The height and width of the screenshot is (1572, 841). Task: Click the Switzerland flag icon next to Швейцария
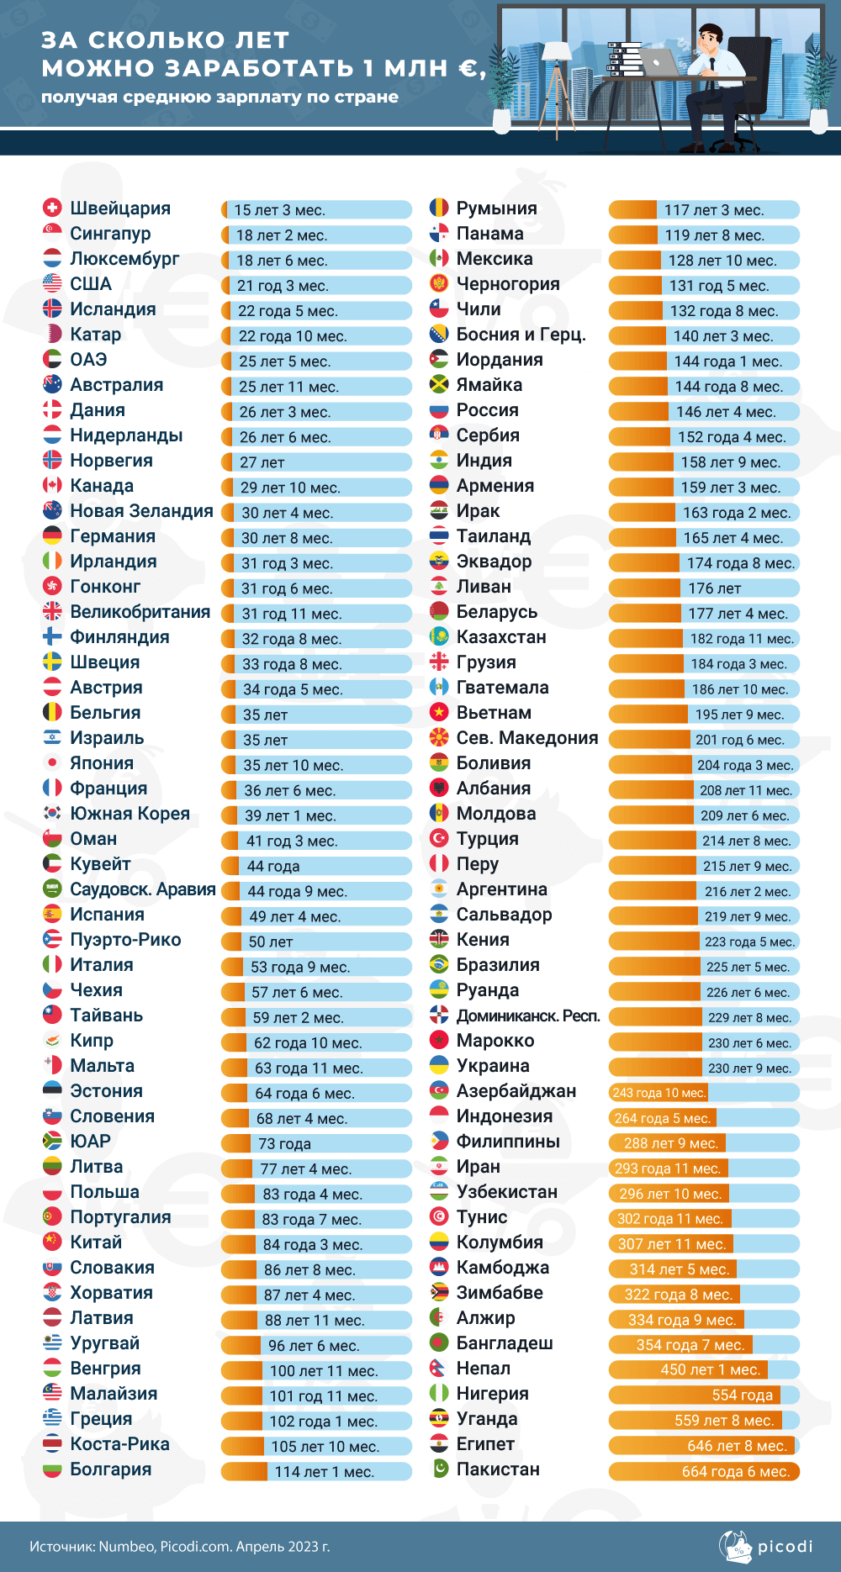(x=52, y=208)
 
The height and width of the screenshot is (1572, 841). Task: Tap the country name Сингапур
(x=110, y=234)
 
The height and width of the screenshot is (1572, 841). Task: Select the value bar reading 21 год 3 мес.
(x=316, y=286)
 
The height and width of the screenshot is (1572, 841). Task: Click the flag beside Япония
(x=52, y=763)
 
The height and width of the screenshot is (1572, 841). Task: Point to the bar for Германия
(x=316, y=538)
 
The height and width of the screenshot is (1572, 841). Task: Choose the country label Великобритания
(x=140, y=612)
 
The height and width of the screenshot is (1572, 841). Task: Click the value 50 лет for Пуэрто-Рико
(x=316, y=942)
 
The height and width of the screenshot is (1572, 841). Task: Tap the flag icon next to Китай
(x=52, y=1242)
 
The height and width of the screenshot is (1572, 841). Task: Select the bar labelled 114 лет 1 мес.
(x=316, y=1471)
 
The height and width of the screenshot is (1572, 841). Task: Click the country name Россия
(x=487, y=410)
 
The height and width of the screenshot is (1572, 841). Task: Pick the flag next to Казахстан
(x=439, y=637)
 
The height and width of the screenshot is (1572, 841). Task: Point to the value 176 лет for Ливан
(x=703, y=588)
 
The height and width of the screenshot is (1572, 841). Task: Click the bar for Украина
(x=703, y=1068)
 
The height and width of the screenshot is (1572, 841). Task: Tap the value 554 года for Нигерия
(x=703, y=1395)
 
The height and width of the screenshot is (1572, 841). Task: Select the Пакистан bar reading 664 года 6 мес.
(x=703, y=1471)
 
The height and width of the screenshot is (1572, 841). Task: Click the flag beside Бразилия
(x=439, y=965)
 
